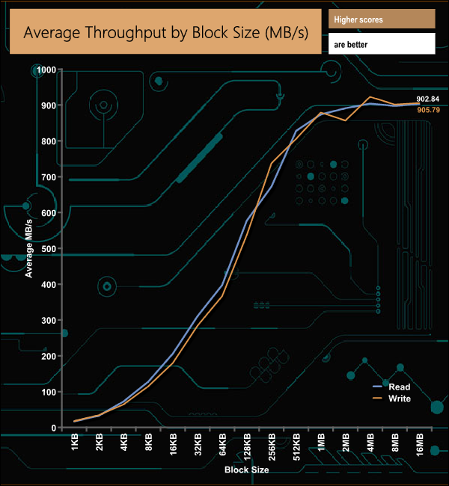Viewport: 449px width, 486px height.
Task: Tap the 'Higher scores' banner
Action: coord(381,19)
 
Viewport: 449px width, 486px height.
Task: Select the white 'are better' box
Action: coord(381,44)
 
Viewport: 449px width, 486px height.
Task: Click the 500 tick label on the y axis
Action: coord(49,249)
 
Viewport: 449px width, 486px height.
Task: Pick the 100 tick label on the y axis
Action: coord(49,393)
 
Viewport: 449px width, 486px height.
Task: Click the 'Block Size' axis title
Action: coord(246,470)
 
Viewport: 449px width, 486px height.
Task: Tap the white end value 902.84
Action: coord(428,99)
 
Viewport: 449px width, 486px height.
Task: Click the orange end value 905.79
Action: coord(428,110)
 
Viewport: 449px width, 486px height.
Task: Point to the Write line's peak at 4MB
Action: coord(370,97)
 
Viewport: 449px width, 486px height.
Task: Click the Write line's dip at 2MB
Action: coord(346,120)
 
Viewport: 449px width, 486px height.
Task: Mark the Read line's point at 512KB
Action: coord(296,132)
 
